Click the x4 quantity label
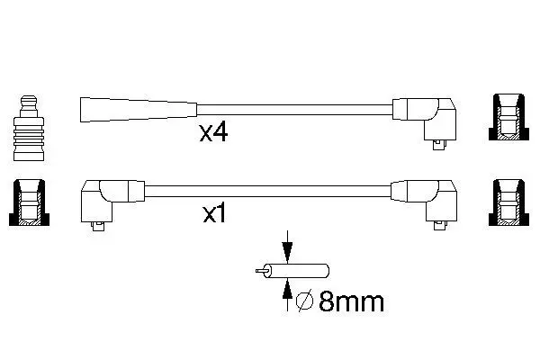pyautogui.click(x=213, y=133)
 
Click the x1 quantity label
pyautogui.click(x=214, y=214)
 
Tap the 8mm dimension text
pyautogui.click(x=351, y=302)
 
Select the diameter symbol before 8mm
pyautogui.click(x=304, y=302)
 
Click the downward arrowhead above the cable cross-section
pyautogui.click(x=287, y=249)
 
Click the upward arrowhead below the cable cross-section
pyautogui.click(x=287, y=291)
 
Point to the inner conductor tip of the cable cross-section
pyautogui.click(x=260, y=271)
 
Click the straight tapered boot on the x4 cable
pyautogui.click(x=139, y=110)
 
